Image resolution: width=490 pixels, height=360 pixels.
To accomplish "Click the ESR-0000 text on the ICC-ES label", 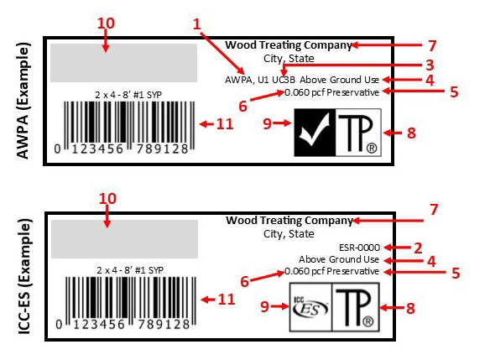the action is (x=359, y=248).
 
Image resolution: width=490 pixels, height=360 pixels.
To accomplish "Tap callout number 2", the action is (x=418, y=248).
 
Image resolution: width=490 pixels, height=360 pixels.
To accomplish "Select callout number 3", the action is (x=430, y=65).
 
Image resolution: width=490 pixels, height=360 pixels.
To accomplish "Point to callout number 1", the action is (x=196, y=24).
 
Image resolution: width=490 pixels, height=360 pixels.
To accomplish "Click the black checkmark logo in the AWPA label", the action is (x=315, y=133).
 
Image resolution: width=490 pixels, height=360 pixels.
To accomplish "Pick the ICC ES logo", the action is (x=310, y=307).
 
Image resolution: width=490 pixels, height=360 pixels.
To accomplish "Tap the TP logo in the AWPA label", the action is (x=358, y=133).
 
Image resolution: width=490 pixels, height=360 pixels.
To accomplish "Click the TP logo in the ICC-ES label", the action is (x=356, y=307).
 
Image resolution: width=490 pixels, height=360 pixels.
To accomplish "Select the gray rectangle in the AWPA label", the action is (x=123, y=63).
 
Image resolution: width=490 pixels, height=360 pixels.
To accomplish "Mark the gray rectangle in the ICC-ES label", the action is (x=125, y=239).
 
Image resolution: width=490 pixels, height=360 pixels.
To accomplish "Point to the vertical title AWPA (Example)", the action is (x=23, y=101).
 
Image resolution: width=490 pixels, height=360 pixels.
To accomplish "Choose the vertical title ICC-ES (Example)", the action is (x=24, y=277).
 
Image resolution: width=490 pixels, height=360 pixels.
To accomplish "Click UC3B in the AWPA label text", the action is (x=284, y=80).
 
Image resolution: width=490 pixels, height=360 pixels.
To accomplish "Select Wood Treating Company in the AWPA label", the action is (x=289, y=45).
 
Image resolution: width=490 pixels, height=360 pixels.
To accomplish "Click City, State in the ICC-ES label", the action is (x=289, y=234).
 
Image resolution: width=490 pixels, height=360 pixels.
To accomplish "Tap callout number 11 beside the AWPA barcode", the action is (x=225, y=124).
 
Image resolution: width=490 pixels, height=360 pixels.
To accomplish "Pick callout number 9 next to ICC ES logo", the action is (x=265, y=306).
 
